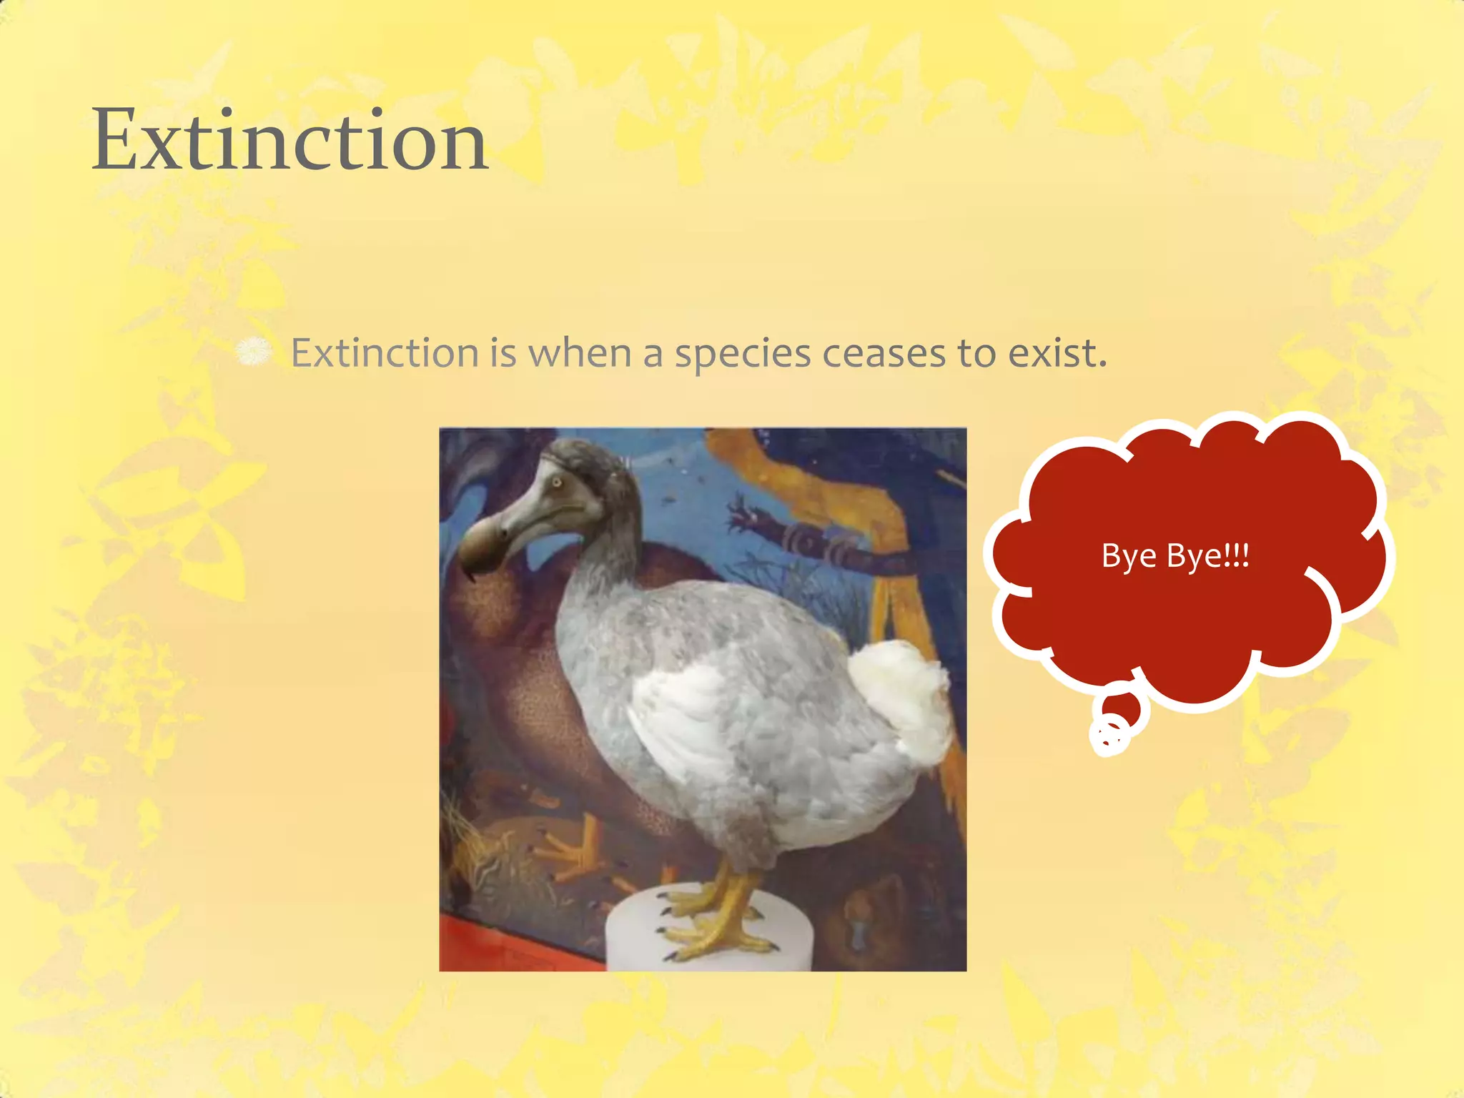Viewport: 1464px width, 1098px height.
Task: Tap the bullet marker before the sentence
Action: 254,352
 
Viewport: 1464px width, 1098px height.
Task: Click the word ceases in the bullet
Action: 884,353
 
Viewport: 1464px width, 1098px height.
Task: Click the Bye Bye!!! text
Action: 1175,555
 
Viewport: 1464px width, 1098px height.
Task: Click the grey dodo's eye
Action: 557,483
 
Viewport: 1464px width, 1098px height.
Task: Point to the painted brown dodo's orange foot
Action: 572,854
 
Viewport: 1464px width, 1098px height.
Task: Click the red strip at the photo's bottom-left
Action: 515,947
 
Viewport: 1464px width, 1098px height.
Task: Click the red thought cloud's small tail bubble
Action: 1124,708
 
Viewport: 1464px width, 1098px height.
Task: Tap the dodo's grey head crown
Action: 593,457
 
